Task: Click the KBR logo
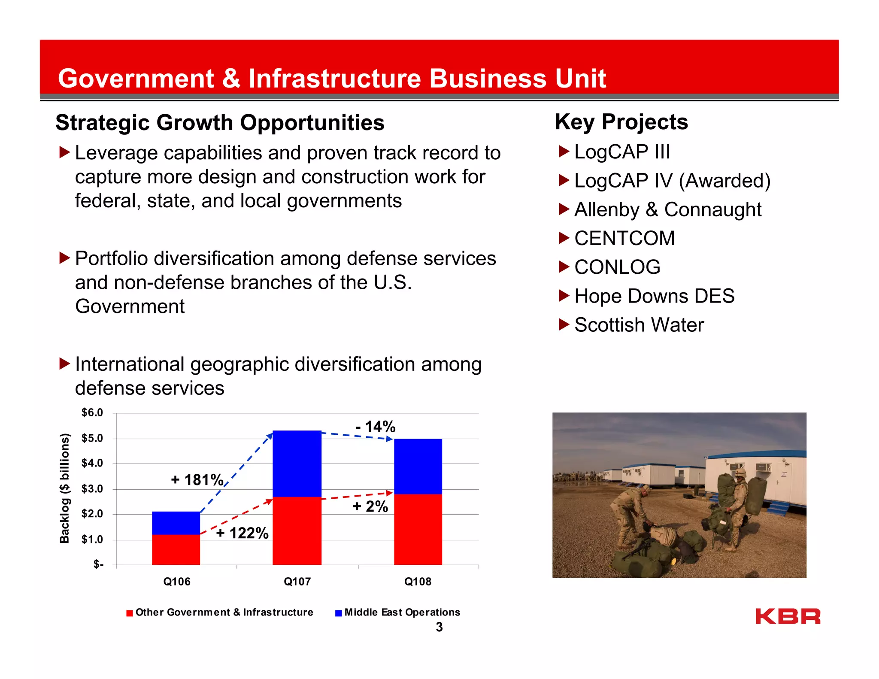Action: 788,616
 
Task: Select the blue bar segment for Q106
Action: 176,523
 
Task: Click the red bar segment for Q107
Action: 297,530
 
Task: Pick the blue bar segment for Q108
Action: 418,466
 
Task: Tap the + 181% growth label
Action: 197,480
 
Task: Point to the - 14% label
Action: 376,427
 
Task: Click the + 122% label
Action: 242,533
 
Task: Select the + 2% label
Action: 370,506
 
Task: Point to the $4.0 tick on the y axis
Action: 92,464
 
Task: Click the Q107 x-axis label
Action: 297,582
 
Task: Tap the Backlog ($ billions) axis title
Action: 64,488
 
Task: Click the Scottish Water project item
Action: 639,325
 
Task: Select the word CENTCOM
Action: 624,238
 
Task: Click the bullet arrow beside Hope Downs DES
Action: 564,295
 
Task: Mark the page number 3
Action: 439,627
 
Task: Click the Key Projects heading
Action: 621,122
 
